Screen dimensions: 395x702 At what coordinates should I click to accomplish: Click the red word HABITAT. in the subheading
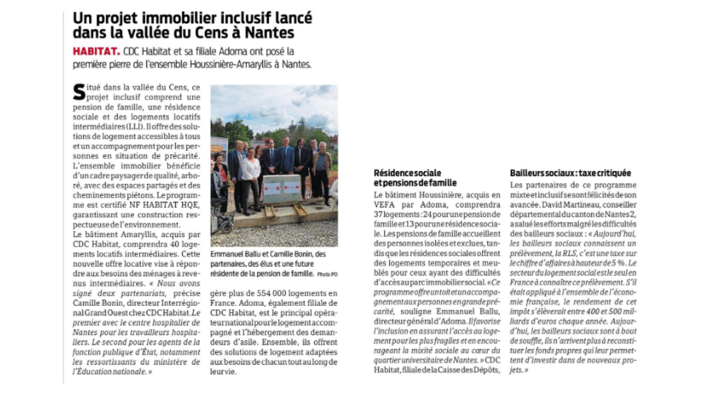[96, 51]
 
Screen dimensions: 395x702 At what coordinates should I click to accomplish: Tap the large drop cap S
[79, 92]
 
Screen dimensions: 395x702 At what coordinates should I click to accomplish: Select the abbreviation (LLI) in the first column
[133, 127]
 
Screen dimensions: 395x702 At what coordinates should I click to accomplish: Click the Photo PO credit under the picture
[327, 274]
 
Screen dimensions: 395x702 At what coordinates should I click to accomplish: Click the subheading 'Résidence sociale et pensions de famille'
[415, 178]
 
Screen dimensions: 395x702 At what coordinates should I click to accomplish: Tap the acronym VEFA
[384, 204]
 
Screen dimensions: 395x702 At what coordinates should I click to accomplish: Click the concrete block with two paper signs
[282, 188]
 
